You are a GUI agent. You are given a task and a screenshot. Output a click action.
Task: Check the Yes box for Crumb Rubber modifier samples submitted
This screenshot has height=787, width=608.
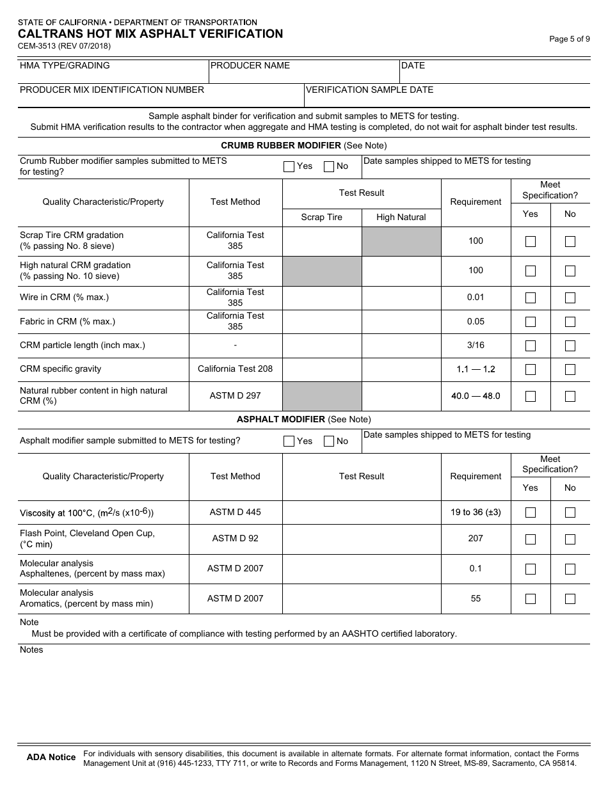289,166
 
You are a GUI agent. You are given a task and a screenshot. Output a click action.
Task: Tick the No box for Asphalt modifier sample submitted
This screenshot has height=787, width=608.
329,441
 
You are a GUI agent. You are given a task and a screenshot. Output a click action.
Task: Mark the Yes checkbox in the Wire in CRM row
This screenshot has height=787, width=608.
531,298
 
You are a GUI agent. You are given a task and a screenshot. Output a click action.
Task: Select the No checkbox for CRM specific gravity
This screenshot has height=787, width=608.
570,369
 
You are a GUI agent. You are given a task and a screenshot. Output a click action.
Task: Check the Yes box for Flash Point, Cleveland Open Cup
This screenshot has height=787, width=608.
531,539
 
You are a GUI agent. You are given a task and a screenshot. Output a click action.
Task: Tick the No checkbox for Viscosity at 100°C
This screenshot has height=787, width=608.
570,513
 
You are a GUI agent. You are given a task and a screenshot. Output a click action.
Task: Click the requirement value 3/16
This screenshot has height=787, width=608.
476,345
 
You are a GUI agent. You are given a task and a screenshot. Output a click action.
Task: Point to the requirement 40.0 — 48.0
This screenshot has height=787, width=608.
476,395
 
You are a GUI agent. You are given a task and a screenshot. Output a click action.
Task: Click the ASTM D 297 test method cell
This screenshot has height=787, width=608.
235,395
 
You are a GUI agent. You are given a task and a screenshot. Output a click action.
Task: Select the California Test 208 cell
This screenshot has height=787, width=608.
235,369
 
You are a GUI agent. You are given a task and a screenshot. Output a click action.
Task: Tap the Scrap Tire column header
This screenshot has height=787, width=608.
321,217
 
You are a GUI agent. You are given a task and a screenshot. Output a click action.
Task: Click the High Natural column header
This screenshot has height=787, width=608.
401,217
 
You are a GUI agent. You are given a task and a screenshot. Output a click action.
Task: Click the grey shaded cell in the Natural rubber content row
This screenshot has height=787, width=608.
322,396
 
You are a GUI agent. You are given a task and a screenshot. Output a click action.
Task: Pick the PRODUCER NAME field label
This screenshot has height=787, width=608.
250,65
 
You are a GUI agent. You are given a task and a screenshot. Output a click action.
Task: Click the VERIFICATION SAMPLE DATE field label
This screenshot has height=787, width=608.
369,90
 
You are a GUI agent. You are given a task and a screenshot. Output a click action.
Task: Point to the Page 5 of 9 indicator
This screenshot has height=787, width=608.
570,39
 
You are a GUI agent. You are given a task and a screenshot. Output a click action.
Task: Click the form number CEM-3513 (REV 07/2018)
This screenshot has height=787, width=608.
64,46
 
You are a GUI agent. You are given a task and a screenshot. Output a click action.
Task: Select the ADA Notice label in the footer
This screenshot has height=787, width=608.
51,757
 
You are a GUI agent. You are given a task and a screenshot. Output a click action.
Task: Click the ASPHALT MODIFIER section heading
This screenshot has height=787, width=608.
281,419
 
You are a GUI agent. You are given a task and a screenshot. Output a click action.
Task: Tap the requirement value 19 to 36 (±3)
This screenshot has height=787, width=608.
476,512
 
